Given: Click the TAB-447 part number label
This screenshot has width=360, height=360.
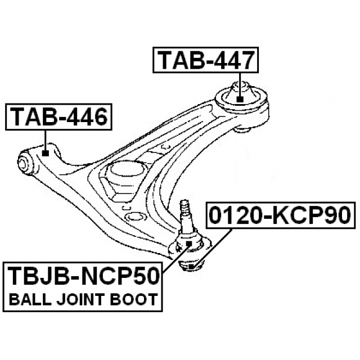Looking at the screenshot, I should (x=205, y=61).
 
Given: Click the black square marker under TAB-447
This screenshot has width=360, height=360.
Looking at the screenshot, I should (x=239, y=99).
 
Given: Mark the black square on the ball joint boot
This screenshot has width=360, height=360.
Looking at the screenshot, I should (x=189, y=244).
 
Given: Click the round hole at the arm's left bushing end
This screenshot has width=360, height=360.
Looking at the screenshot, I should (x=24, y=164).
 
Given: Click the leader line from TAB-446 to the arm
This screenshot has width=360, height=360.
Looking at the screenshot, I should (x=45, y=139).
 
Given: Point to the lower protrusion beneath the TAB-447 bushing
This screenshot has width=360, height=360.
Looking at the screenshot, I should (x=243, y=130).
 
